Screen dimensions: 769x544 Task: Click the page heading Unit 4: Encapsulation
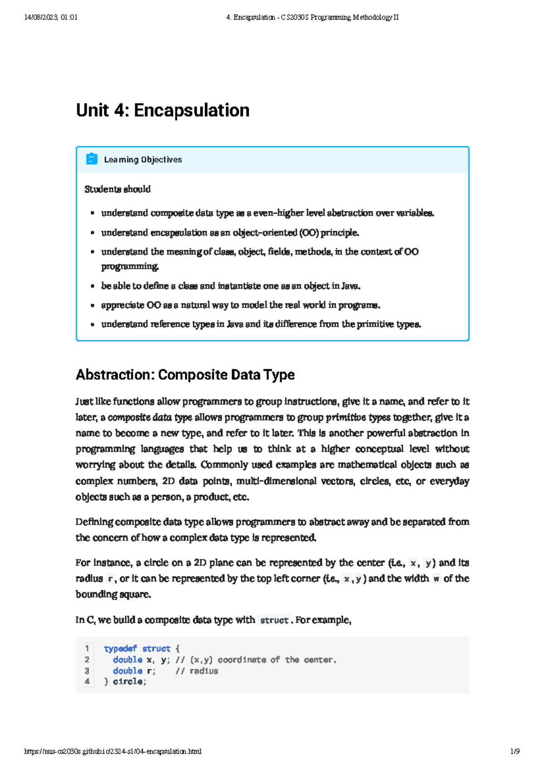[163, 111]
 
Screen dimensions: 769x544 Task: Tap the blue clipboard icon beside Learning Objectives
[92, 159]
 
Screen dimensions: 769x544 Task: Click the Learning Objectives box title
[143, 159]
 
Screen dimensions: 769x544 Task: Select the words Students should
[117, 189]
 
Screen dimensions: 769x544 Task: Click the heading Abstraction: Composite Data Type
[185, 375]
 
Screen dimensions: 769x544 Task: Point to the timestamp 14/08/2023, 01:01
[51, 17]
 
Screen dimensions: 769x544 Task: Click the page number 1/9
[515, 751]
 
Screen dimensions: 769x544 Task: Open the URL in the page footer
[113, 751]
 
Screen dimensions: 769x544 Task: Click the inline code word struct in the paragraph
[274, 620]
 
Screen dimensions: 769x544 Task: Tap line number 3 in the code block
[87, 671]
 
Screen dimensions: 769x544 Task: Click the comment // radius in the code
[197, 671]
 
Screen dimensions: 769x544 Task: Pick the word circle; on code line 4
[129, 682]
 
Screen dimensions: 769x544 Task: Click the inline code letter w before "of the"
[436, 578]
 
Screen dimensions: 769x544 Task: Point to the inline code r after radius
[110, 578]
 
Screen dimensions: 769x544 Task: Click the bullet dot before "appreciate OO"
[92, 305]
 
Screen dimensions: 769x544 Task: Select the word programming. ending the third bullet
[130, 266]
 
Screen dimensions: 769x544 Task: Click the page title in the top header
[312, 17]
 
